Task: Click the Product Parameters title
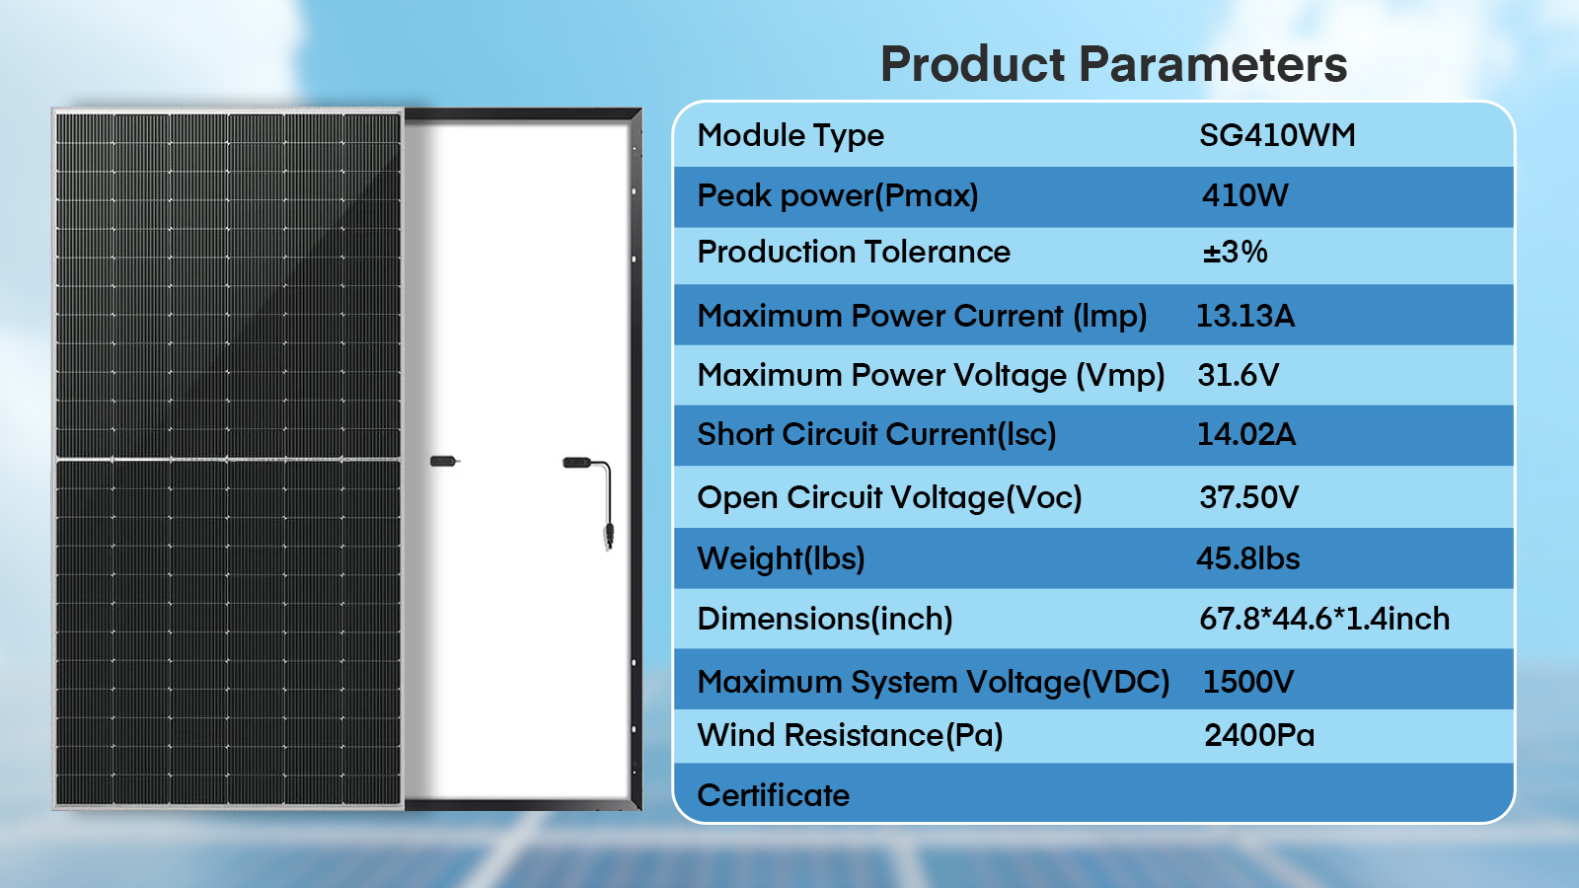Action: pyautogui.click(x=1114, y=64)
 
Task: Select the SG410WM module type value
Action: pyautogui.click(x=1277, y=134)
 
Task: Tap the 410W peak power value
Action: pyautogui.click(x=1245, y=195)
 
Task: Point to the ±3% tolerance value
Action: pyautogui.click(x=1235, y=252)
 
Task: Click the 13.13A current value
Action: pyautogui.click(x=1245, y=316)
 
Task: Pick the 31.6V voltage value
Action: pyautogui.click(x=1238, y=375)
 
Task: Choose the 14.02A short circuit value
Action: pyautogui.click(x=1246, y=434)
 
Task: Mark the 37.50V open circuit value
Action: pyautogui.click(x=1249, y=497)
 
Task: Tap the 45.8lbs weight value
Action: pyautogui.click(x=1248, y=558)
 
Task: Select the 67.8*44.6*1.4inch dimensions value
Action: pyautogui.click(x=1324, y=619)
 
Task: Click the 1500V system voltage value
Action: pyautogui.click(x=1248, y=682)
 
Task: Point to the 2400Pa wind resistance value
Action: pyautogui.click(x=1259, y=735)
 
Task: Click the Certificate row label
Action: pyautogui.click(x=774, y=795)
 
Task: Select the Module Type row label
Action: pyautogui.click(x=790, y=136)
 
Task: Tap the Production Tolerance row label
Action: pyautogui.click(x=854, y=252)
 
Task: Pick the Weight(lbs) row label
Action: pyautogui.click(x=781, y=558)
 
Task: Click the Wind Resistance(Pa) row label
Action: pyautogui.click(x=850, y=736)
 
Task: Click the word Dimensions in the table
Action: pyautogui.click(x=784, y=619)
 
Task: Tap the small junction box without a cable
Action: pyautogui.click(x=443, y=462)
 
